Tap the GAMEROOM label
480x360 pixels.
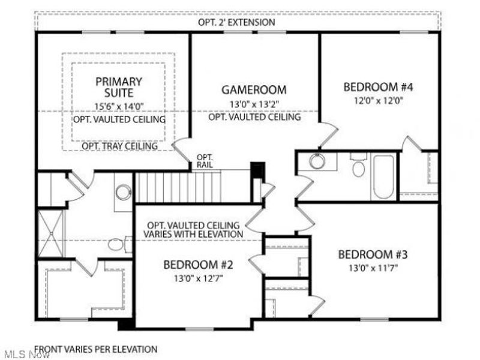[254, 90]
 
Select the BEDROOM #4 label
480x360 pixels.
[379, 86]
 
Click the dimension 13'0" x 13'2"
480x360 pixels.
[254, 104]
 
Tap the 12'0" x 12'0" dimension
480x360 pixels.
[379, 101]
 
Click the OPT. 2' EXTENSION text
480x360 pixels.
[236, 23]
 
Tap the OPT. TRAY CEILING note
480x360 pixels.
[119, 146]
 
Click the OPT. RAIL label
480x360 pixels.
[202, 161]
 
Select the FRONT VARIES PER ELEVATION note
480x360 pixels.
[96, 349]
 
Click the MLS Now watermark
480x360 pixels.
[18, 353]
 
